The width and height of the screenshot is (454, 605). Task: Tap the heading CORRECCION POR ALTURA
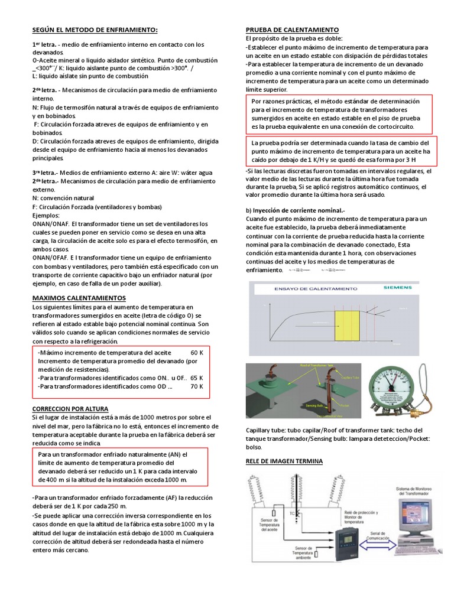[74, 408]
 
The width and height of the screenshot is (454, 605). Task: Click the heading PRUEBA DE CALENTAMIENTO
[292, 30]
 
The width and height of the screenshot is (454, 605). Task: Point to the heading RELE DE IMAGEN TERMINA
[284, 461]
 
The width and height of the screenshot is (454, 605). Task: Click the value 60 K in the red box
[197, 352]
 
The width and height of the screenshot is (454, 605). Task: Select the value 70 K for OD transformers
[197, 386]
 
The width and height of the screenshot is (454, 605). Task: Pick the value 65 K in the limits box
[197, 378]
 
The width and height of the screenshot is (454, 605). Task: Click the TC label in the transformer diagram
[292, 513]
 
